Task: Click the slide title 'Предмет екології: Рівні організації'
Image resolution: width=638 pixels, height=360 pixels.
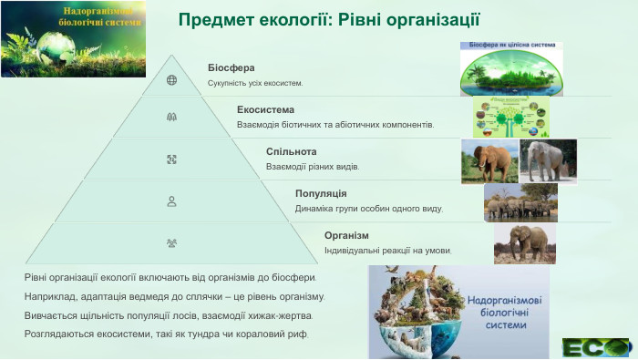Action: click(x=328, y=19)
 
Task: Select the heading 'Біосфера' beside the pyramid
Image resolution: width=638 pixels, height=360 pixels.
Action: click(x=231, y=67)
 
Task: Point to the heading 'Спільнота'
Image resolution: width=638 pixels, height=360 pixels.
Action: click(x=291, y=151)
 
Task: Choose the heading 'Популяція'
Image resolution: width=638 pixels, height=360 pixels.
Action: click(x=321, y=193)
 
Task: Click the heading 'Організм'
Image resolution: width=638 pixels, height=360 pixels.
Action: click(x=346, y=235)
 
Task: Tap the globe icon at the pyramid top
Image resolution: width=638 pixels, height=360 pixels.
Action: click(x=171, y=79)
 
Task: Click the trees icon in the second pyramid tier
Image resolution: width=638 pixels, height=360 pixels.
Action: click(x=171, y=117)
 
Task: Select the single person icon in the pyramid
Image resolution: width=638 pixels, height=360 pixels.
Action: click(x=171, y=201)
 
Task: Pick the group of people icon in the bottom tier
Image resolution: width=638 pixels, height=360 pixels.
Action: click(x=171, y=243)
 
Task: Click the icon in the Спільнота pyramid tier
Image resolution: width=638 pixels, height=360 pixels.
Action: click(x=171, y=159)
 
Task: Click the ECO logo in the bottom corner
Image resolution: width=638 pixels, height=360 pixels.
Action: click(x=595, y=347)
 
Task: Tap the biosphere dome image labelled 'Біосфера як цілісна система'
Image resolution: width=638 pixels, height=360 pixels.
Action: click(x=510, y=68)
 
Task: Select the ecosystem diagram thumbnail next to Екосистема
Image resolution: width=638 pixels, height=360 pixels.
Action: click(x=511, y=117)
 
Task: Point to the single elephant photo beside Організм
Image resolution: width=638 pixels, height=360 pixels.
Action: click(x=525, y=244)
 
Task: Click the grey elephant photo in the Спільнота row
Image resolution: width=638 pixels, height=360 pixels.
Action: click(x=549, y=160)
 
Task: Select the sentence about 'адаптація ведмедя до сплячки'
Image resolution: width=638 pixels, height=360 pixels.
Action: click(x=174, y=296)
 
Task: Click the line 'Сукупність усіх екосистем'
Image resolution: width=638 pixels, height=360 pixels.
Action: click(x=254, y=83)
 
